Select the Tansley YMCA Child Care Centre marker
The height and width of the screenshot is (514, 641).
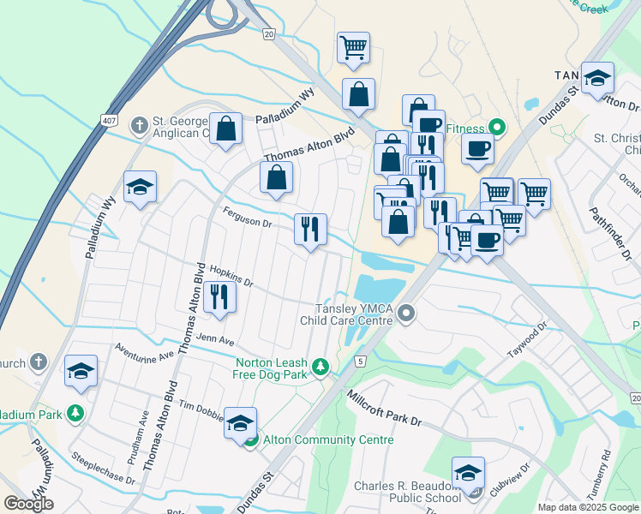407,315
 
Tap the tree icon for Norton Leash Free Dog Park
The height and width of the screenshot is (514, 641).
320,368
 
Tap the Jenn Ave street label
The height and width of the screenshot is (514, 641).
215,340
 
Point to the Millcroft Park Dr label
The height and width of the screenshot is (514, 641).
385,408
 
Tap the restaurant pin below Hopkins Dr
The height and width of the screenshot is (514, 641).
219,296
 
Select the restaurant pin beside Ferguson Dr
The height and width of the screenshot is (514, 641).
309,228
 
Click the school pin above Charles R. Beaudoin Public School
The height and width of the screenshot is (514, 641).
468,473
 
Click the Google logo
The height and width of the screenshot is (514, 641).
28,504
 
